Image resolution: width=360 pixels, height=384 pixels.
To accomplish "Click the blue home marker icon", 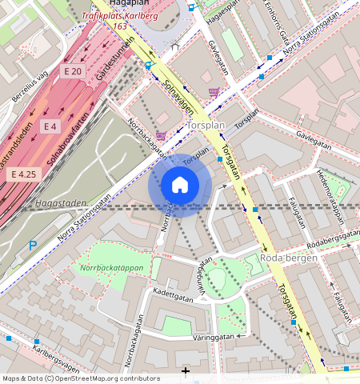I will pos(180,186).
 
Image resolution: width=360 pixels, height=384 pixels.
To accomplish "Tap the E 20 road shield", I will pos(73,72).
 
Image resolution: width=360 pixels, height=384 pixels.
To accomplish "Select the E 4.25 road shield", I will pos(23,174).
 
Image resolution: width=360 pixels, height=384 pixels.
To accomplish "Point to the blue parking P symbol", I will pos(33,246).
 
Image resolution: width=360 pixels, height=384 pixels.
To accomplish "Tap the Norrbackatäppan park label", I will pos(111,268).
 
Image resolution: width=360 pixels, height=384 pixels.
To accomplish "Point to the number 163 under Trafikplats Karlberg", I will pos(120,26).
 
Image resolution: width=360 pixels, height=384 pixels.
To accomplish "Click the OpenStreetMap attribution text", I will pos(81,378).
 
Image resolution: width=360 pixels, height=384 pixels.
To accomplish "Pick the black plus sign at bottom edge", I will pos(186,370).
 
